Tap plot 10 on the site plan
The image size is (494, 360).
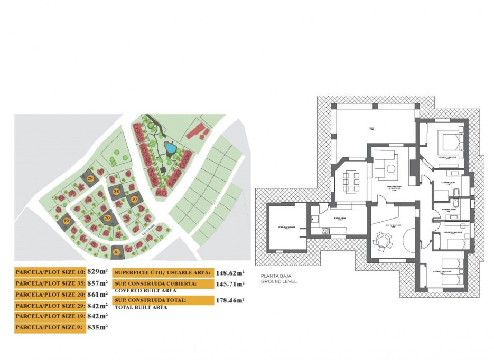pyautogui.click(x=134, y=200)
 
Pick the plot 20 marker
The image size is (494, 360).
pyautogui.click(x=107, y=217)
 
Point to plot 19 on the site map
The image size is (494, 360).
pyautogui.click(x=66, y=221)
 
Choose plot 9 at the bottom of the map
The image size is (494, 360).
pyautogui.click(x=115, y=252)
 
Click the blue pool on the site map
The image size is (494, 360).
pyautogui.click(x=171, y=149)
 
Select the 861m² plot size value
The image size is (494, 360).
pyautogui.click(x=97, y=294)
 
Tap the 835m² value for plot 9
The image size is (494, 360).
pyautogui.click(x=97, y=328)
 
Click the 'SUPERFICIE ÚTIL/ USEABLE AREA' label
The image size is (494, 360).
pyautogui.click(x=163, y=273)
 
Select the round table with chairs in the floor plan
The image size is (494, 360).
pyautogui.click(x=382, y=242)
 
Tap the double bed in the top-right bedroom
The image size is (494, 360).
pyautogui.click(x=451, y=141)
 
